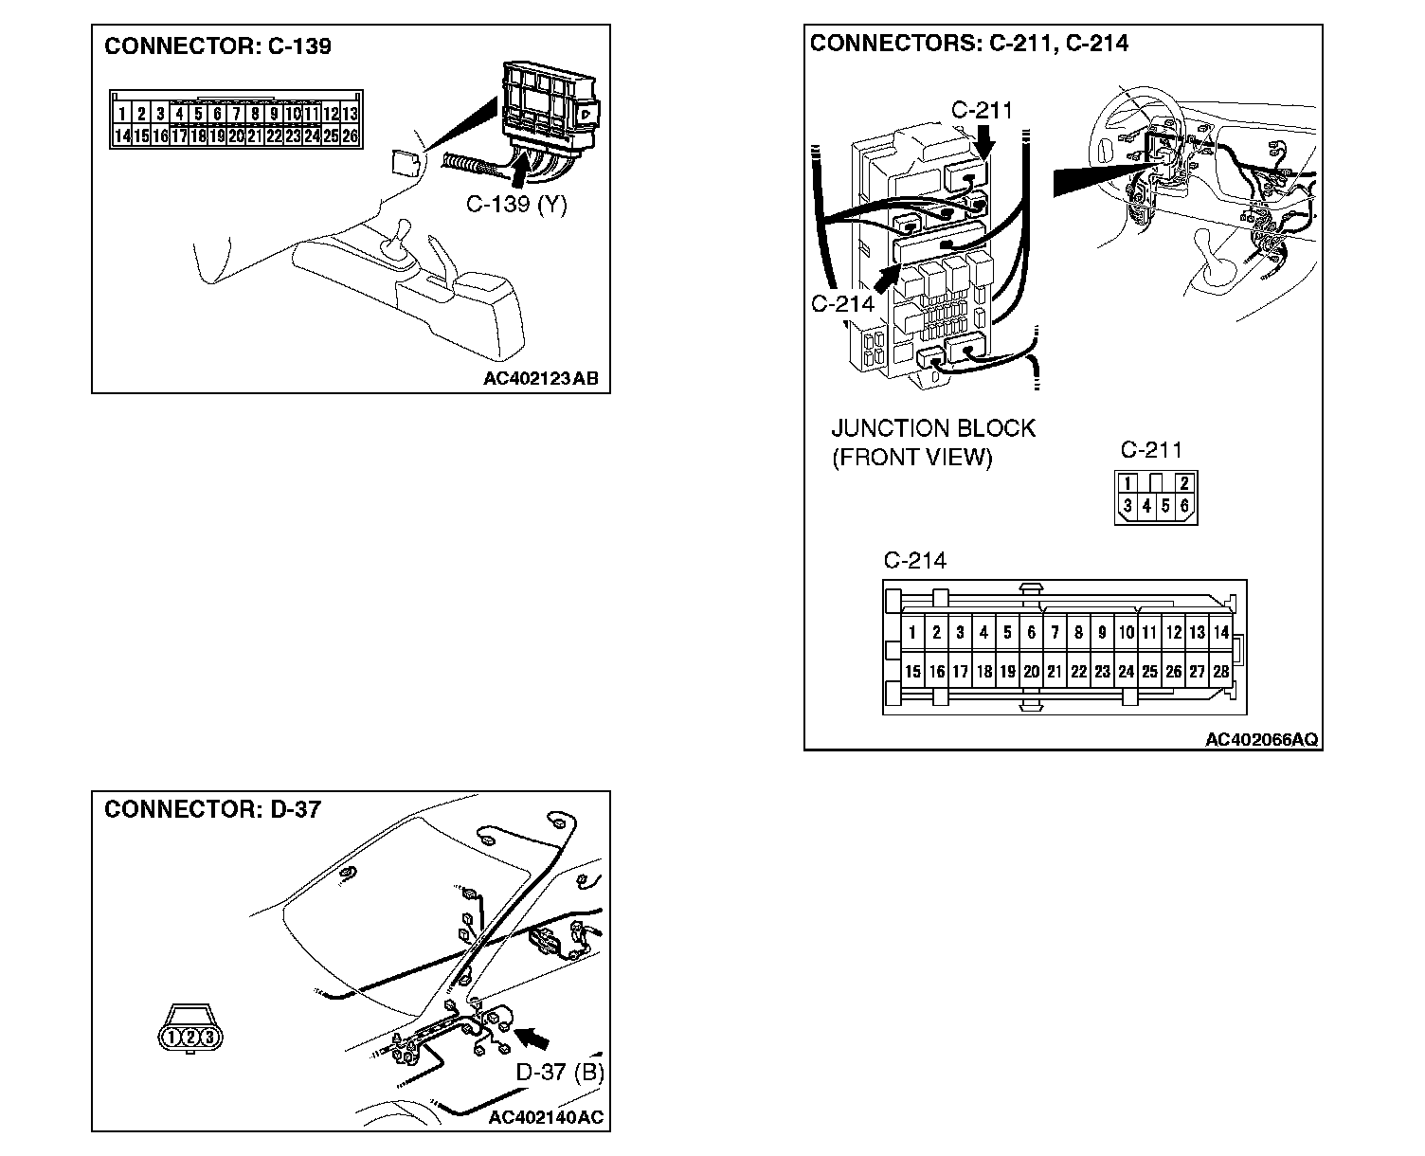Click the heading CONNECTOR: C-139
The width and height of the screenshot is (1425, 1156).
pos(217,46)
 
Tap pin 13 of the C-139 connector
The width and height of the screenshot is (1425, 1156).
pos(350,115)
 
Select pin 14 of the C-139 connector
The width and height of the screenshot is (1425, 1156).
pos(122,136)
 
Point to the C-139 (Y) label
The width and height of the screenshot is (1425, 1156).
pos(515,204)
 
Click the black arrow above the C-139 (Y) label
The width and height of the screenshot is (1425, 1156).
pos(519,171)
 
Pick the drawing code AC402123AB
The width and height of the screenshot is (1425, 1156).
pos(540,378)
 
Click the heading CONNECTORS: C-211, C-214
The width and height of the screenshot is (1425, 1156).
pos(968,43)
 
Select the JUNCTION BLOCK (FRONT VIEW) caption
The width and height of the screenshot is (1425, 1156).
pos(933,443)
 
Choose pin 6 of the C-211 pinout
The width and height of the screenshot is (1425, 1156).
pos(1184,506)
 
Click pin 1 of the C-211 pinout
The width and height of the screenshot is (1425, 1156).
pos(1127,483)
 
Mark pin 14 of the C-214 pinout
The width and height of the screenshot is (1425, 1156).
pos(1220,633)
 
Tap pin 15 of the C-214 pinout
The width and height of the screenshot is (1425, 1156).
pos(912,672)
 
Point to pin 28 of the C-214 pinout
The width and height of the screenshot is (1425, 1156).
pos(1220,672)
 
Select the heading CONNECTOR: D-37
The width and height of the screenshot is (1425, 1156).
pos(212,809)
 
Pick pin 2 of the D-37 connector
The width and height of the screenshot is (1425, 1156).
pos(190,1038)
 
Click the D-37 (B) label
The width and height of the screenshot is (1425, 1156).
pos(559,1072)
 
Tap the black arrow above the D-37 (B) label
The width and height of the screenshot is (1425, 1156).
pos(534,1039)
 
